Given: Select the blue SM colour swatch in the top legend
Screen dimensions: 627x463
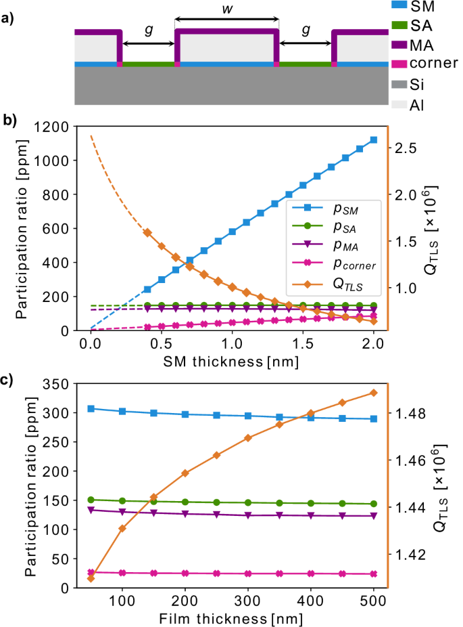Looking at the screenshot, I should [x=400, y=6].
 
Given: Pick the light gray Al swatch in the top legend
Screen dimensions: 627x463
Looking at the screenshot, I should [x=400, y=106].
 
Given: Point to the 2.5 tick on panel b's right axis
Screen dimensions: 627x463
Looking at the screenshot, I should [x=410, y=148].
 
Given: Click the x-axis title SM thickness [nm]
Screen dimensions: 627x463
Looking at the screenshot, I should [x=231, y=361].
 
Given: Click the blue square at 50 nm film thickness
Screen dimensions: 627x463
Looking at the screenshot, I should [x=91, y=408].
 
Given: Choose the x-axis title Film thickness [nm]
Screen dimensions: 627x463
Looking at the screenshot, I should [x=231, y=618].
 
